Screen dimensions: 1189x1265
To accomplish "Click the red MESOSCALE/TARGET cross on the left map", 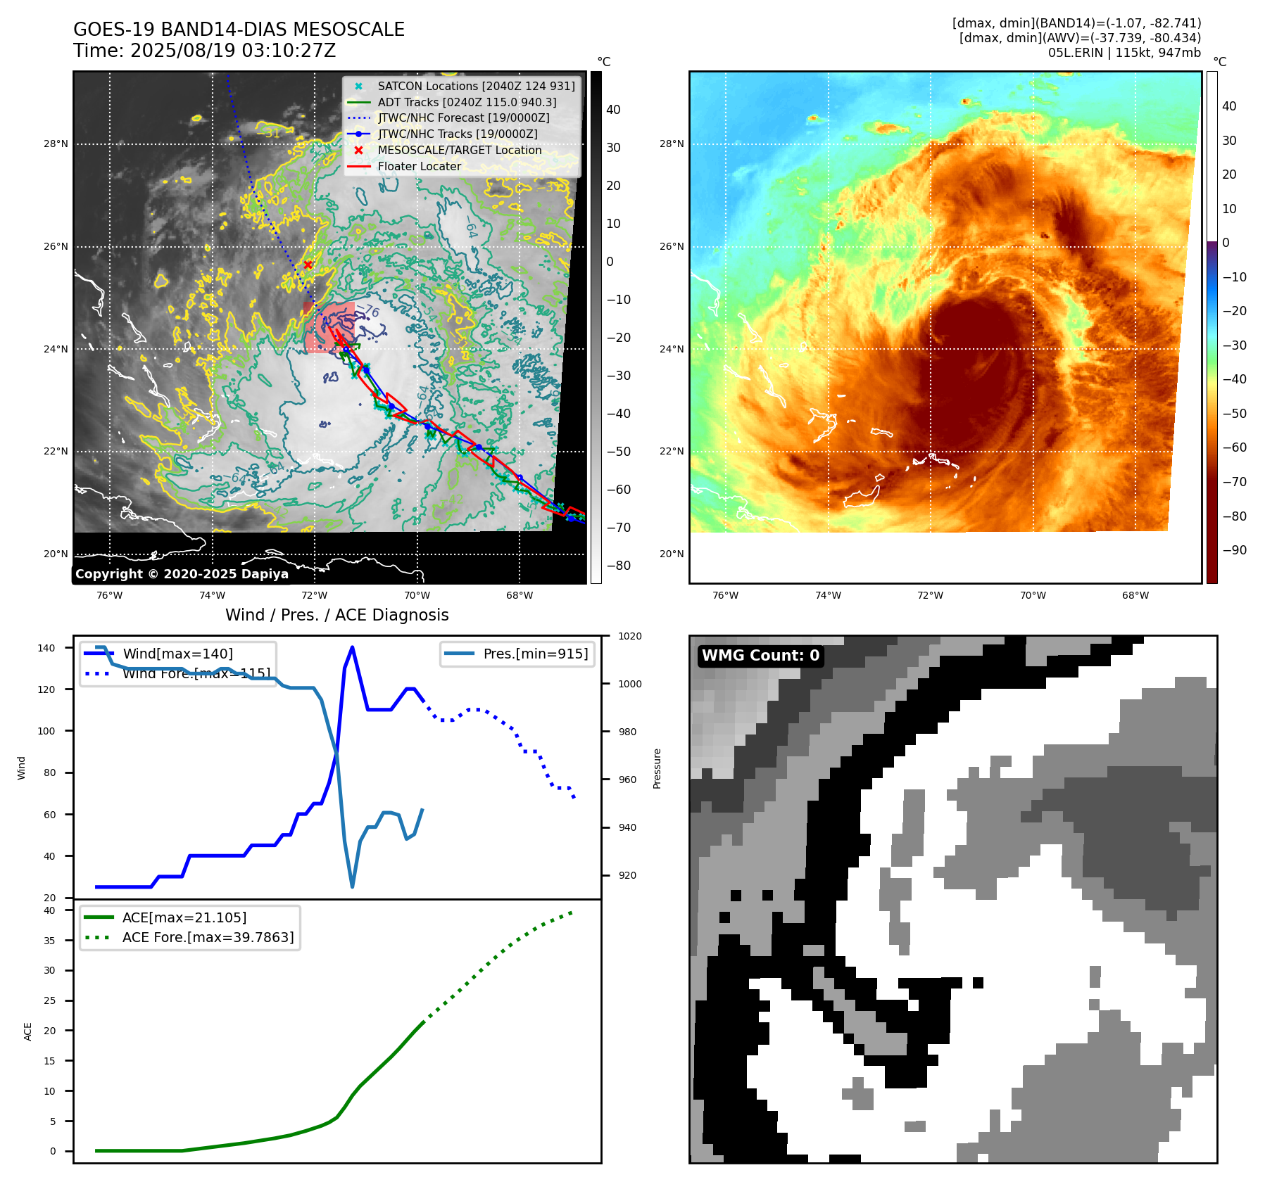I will click(308, 265).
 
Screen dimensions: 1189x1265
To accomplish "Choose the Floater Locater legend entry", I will click(420, 167).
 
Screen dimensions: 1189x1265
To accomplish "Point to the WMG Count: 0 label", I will click(760, 656).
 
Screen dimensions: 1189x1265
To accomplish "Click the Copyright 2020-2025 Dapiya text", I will click(182, 574).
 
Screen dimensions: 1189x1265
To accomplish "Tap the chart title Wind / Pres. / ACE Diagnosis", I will click(336, 615).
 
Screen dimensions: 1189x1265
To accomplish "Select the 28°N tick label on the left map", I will click(56, 144).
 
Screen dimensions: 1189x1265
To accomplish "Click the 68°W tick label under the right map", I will click(1135, 595).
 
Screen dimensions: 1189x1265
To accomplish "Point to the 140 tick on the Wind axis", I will click(46, 648).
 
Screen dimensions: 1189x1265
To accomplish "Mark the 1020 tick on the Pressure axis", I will click(629, 637).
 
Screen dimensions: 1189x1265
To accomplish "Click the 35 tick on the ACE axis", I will click(49, 941).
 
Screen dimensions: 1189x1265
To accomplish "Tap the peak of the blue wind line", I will click(352, 647).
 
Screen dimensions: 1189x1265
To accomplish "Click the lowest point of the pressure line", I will click(353, 886).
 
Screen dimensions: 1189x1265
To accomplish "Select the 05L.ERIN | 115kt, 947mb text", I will click(1124, 53).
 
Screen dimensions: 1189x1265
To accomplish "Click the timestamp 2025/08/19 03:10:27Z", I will click(233, 51).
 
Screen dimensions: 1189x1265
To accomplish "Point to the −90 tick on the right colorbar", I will click(1234, 550).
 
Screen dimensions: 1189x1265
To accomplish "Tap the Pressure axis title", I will click(657, 768).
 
